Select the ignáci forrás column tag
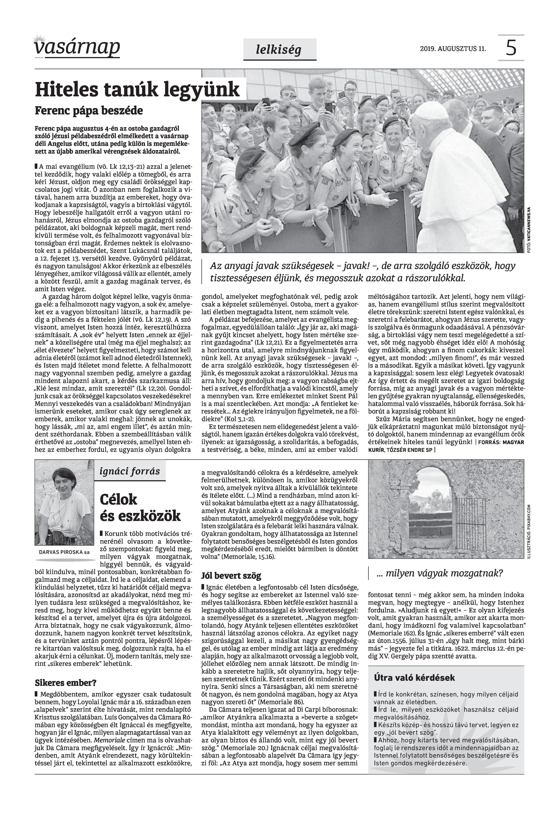pos(130,471)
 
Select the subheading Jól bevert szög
pos(231,576)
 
